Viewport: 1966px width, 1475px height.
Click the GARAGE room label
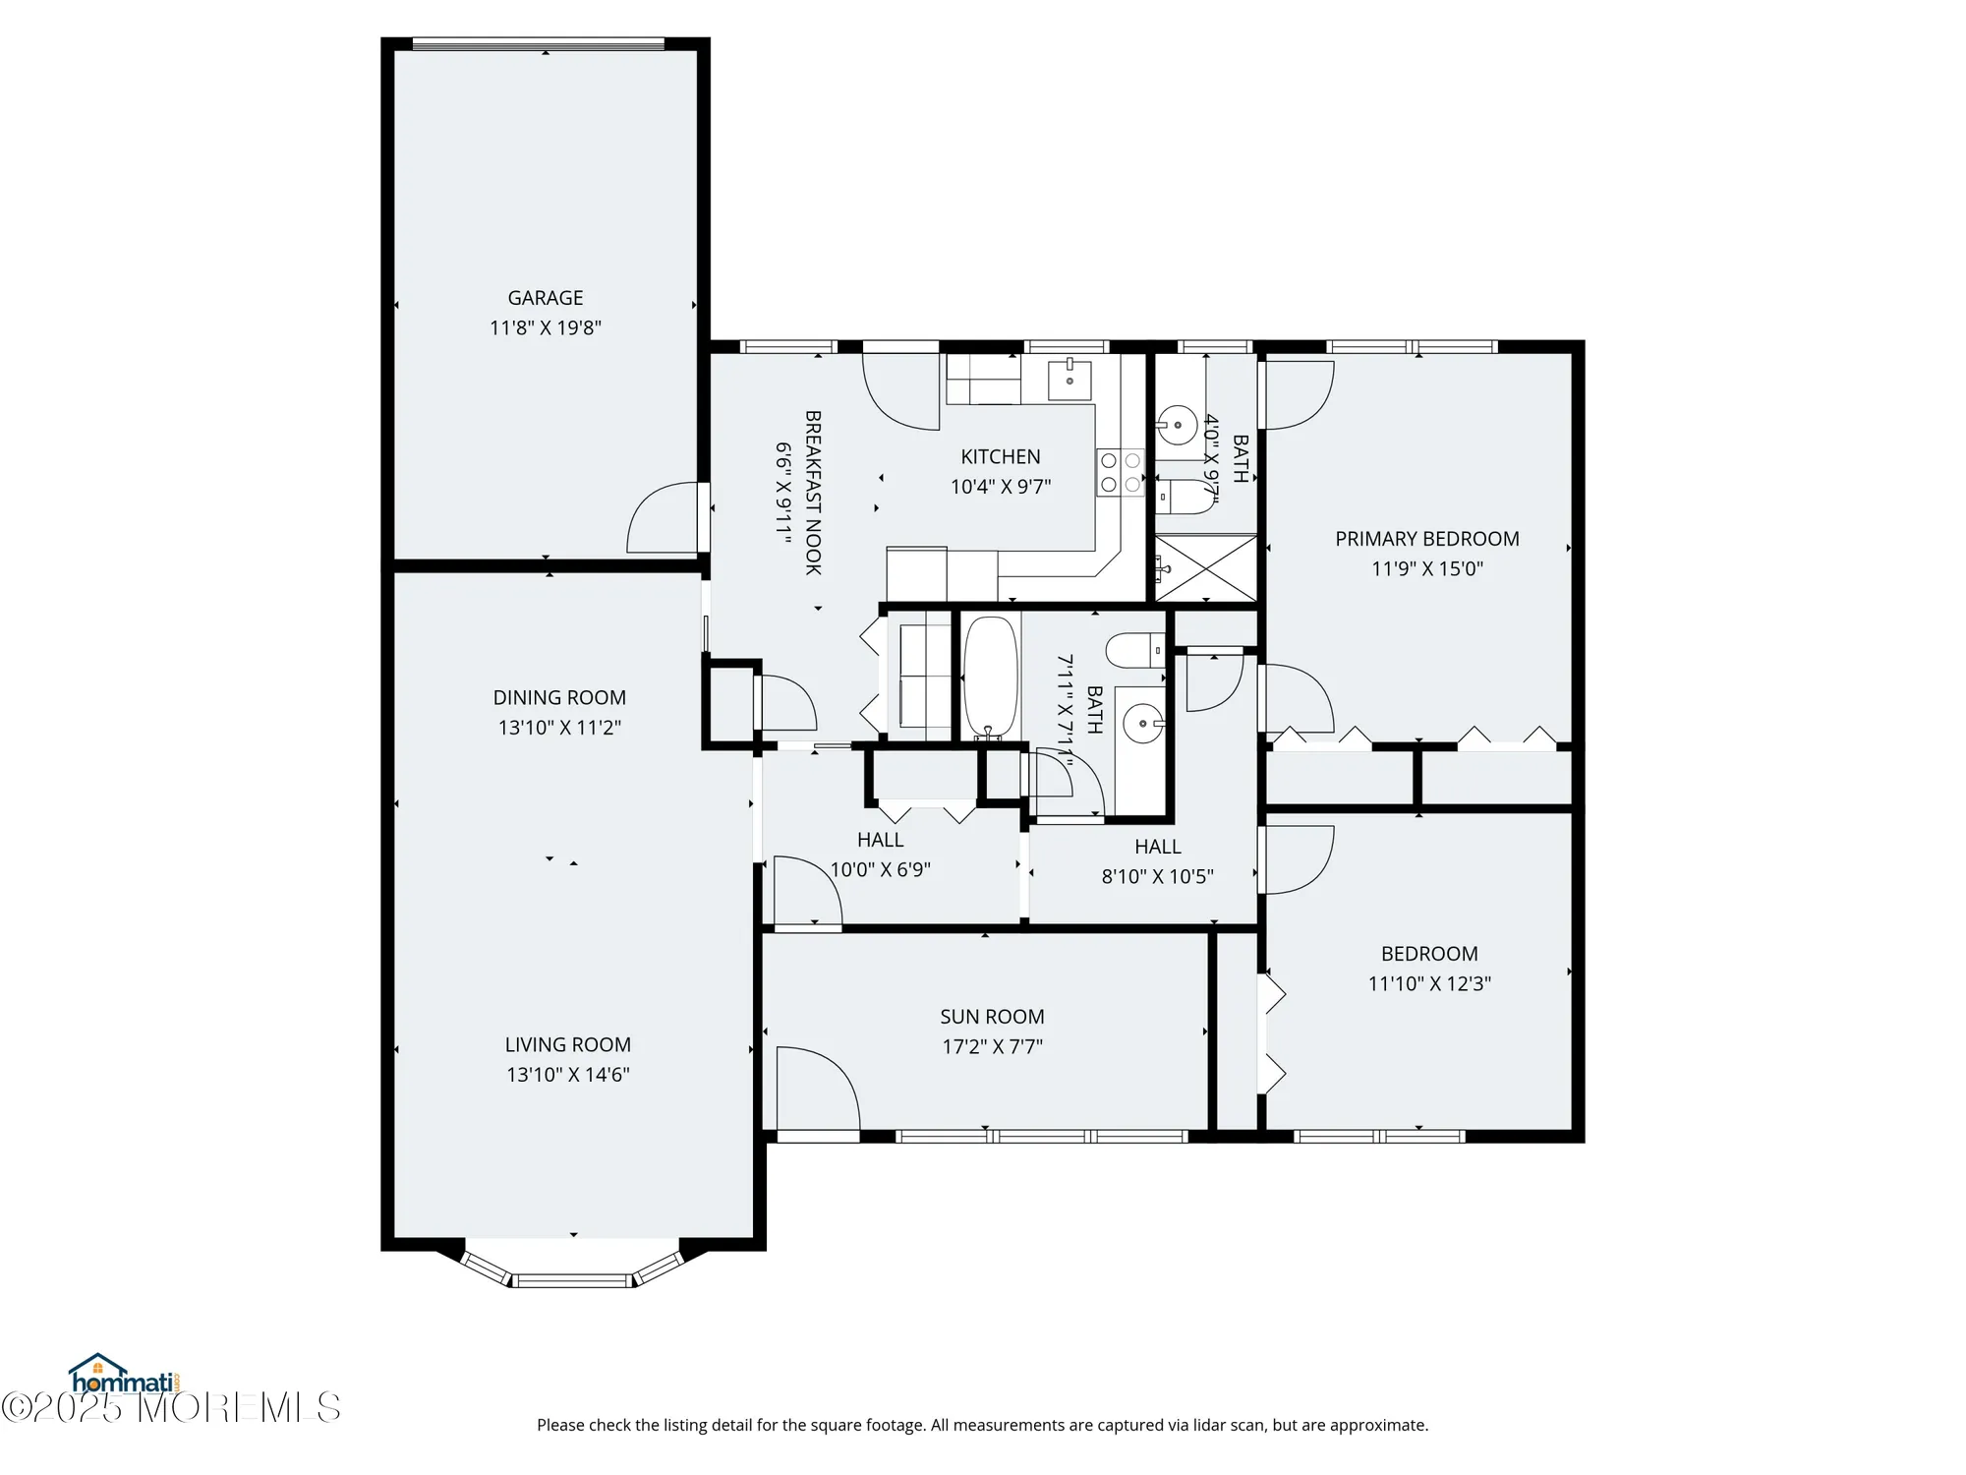pos(545,298)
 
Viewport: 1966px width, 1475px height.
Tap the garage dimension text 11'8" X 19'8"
pos(545,328)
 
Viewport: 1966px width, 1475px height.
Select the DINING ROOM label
pos(558,698)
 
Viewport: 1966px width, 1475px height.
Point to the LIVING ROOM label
pos(567,1045)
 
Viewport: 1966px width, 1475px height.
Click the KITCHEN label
pos(1000,457)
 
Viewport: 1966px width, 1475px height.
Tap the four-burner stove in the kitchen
pos(1120,472)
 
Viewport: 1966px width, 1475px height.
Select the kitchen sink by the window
pos(1069,379)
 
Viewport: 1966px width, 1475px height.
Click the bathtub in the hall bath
pos(989,677)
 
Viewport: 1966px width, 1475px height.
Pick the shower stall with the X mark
pos(1205,567)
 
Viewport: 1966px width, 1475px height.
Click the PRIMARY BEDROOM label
pos(1426,539)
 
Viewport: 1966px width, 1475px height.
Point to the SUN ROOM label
pos(991,1017)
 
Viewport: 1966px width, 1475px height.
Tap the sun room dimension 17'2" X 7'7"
pos(992,1047)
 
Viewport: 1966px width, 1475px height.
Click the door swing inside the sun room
pos(816,1087)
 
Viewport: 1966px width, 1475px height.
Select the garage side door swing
pos(665,519)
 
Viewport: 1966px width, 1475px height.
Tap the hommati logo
pos(123,1375)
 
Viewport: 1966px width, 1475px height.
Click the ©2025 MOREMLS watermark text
pos(172,1408)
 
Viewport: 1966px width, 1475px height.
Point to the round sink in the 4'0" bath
pos(1176,426)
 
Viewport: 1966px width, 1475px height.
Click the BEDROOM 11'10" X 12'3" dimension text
pos(1428,984)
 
